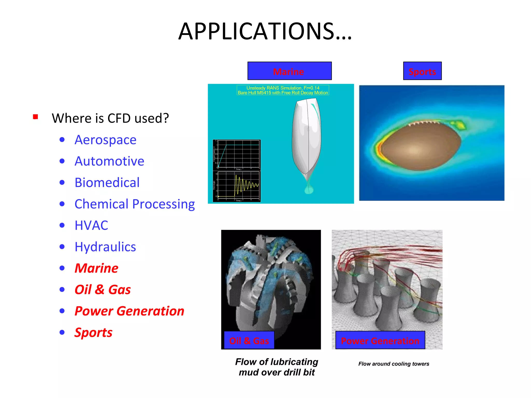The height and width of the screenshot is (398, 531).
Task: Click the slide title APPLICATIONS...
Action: click(265, 31)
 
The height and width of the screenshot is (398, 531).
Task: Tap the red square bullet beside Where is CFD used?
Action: click(36, 117)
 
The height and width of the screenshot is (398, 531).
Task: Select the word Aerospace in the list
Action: click(105, 140)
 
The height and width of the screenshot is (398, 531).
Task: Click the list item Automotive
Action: click(109, 161)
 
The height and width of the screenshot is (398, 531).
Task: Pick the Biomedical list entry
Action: click(107, 183)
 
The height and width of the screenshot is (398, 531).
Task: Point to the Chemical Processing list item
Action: click(134, 204)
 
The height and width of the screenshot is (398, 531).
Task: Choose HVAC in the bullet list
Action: click(91, 225)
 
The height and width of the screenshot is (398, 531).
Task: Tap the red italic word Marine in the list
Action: click(96, 268)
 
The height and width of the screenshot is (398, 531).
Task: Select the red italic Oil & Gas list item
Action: click(102, 290)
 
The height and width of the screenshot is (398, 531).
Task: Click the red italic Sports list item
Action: click(93, 332)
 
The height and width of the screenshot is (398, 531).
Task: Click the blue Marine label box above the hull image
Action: click(289, 71)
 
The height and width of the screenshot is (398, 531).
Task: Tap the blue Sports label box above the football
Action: click(422, 71)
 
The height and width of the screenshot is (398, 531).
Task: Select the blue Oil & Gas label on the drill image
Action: click(249, 340)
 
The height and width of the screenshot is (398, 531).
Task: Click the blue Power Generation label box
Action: click(380, 340)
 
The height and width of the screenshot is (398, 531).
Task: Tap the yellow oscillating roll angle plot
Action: click(239, 186)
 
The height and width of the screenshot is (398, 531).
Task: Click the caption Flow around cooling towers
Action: click(394, 364)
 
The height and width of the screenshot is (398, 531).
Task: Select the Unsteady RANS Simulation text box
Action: click(283, 90)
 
